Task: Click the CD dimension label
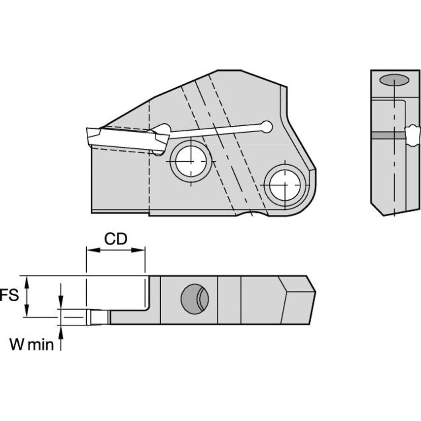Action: pos(116,239)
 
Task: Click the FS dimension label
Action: pos(9,295)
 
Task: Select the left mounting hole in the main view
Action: pos(191,161)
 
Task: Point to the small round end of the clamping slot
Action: pos(267,127)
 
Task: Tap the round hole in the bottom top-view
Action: pos(195,299)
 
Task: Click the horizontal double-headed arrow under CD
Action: pos(116,250)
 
